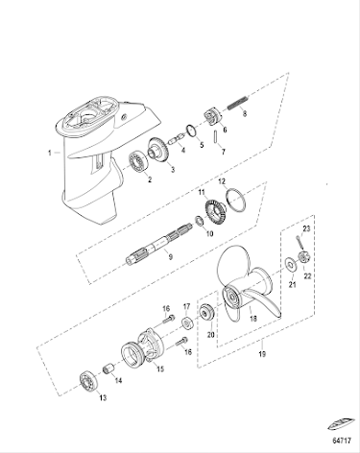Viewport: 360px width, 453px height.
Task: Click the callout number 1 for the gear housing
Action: (x=50, y=153)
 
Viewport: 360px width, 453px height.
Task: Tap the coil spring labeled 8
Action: (x=238, y=103)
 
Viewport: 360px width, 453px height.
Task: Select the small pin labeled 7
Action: (x=216, y=136)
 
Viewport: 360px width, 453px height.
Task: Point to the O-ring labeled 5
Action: (x=191, y=131)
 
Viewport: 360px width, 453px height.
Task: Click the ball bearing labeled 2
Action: (x=138, y=162)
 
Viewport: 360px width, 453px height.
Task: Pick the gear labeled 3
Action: (x=159, y=151)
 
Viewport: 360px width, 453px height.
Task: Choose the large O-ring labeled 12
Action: (x=236, y=201)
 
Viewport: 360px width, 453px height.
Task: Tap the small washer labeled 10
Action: (x=200, y=221)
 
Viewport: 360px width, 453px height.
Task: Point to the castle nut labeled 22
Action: (x=303, y=257)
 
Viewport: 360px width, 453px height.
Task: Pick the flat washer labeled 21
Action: (x=291, y=265)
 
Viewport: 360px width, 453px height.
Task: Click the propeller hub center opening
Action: (x=230, y=298)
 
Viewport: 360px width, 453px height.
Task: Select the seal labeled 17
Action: (x=187, y=322)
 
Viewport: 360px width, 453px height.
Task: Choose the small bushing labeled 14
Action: (x=108, y=369)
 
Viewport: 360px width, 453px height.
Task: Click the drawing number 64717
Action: (x=342, y=441)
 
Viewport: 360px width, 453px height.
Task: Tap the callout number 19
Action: (x=262, y=354)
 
